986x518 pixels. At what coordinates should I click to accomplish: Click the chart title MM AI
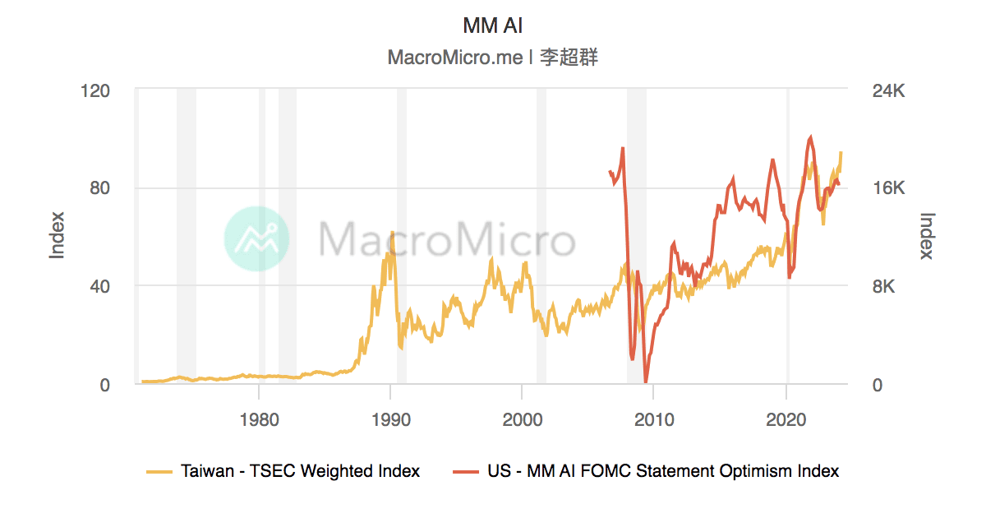(x=492, y=25)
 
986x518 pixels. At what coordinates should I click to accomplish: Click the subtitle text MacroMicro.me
(x=454, y=58)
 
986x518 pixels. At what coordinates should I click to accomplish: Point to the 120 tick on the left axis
(x=94, y=90)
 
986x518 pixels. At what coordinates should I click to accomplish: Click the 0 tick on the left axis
(x=104, y=385)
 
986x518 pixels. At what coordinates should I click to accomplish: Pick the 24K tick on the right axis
(x=887, y=90)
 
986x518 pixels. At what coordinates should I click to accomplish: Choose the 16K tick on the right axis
(x=887, y=188)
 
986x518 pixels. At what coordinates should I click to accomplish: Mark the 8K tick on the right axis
(x=883, y=287)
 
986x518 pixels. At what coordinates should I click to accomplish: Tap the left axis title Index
(x=58, y=236)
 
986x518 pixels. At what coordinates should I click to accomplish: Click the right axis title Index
(x=927, y=236)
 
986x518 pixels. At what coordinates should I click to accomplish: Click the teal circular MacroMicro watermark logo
(x=256, y=238)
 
